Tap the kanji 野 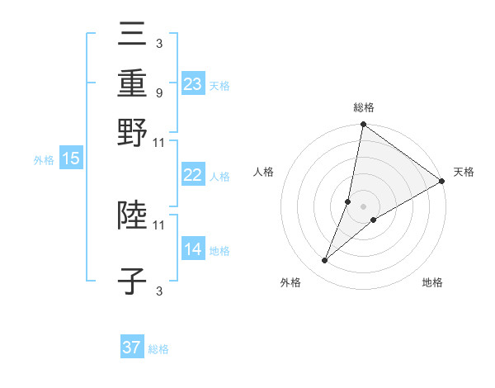tap(132, 135)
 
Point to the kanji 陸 tap(132, 216)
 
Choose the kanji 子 tap(132, 282)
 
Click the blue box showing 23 tap(193, 83)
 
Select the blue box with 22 tap(193, 175)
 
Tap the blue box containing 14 tap(193, 249)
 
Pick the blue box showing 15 tap(71, 159)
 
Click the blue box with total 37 tap(132, 348)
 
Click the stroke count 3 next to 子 tap(158, 291)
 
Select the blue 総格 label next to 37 tap(158, 349)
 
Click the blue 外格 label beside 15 tap(43, 160)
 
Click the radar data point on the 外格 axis tap(325, 261)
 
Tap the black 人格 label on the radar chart tap(264, 172)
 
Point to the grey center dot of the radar tap(363, 206)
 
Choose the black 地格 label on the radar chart tap(432, 283)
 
